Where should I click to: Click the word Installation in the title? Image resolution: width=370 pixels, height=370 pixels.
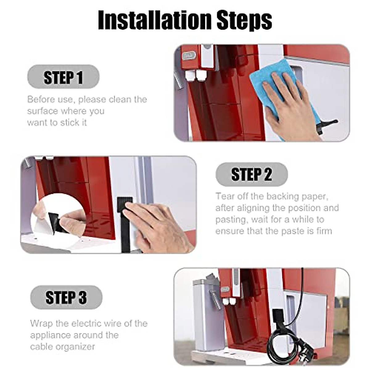click(x=154, y=20)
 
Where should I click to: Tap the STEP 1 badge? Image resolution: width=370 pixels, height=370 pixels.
click(x=64, y=77)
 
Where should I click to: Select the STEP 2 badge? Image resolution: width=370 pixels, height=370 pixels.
click(x=252, y=174)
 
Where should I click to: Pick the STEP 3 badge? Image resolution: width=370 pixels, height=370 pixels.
click(x=66, y=298)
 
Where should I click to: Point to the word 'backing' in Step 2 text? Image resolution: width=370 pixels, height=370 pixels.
click(x=284, y=197)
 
